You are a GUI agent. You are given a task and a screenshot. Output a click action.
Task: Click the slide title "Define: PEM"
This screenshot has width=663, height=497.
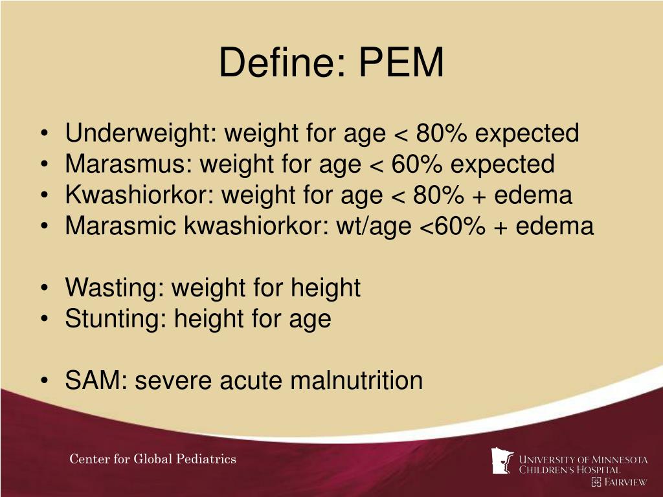(331, 63)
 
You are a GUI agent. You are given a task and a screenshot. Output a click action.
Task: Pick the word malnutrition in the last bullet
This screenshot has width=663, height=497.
(356, 380)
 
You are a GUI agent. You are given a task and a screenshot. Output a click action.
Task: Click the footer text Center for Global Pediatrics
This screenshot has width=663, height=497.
(153, 459)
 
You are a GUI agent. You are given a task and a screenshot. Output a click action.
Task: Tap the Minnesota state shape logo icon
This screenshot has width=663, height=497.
(502, 461)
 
